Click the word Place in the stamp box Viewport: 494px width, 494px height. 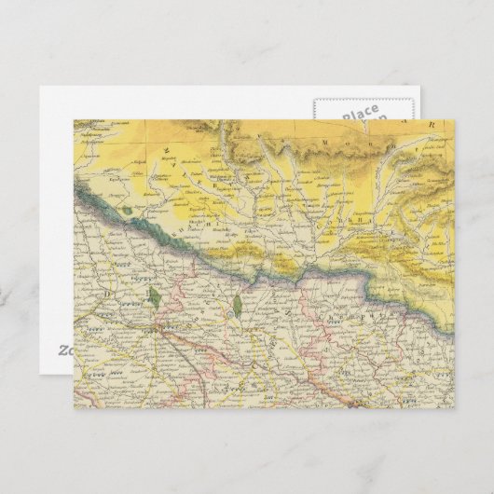pos(361,113)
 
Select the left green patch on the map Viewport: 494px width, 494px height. pos(153,297)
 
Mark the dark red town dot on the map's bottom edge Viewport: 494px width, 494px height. pos(352,405)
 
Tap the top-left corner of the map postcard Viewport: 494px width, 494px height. pos(75,119)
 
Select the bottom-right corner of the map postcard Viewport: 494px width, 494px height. pos(454,408)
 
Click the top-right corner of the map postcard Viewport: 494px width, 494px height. pos(454,119)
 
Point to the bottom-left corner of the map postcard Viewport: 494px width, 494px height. pos(75,408)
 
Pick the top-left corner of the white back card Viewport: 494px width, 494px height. pos(40,88)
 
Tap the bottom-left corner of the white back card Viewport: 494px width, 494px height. pos(40,377)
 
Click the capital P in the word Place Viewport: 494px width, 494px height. pos(346,117)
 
